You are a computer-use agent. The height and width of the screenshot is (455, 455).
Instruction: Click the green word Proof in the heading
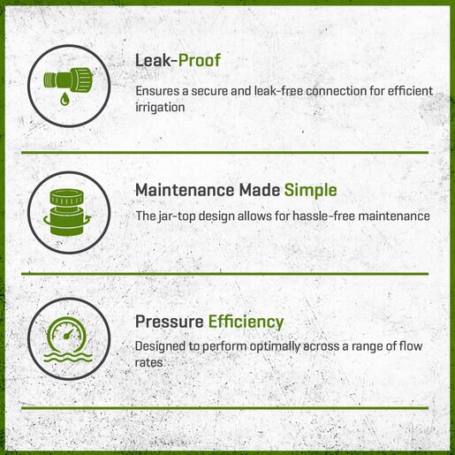(200, 60)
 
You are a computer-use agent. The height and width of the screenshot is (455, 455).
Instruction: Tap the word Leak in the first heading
(153, 60)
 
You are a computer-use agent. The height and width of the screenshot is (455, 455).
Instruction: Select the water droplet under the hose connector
(64, 98)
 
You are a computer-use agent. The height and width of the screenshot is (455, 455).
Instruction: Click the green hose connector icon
(68, 79)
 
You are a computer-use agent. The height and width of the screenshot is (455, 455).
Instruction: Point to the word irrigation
(160, 107)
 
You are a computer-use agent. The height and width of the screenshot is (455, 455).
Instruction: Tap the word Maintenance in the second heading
(185, 190)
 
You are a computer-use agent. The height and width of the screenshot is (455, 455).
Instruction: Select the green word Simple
(310, 191)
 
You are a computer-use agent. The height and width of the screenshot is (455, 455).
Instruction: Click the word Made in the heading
(259, 190)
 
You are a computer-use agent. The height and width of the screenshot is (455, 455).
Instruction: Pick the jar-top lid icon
(67, 212)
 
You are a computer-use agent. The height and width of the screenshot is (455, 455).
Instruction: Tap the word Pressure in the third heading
(170, 322)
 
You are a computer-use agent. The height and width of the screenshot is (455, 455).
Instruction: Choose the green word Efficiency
(246, 322)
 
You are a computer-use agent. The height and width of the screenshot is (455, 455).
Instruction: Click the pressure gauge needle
(68, 334)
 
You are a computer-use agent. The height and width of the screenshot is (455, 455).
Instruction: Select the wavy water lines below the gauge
(68, 357)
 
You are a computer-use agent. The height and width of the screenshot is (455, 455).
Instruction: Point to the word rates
(148, 362)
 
